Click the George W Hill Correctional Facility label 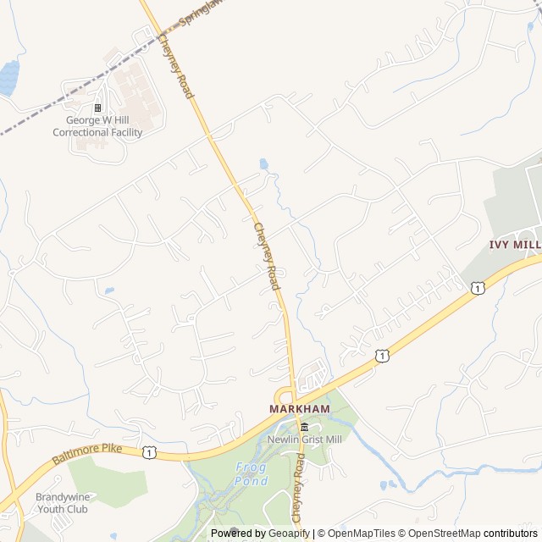pyautogui.click(x=97, y=127)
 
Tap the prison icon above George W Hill pyautogui.click(x=97, y=108)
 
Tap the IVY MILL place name pyautogui.click(x=514, y=244)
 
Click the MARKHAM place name pyautogui.click(x=299, y=409)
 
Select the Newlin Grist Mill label pyautogui.click(x=304, y=440)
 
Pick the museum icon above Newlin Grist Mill pyautogui.click(x=304, y=427)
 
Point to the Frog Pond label pyautogui.click(x=252, y=474)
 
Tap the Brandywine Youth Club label pyautogui.click(x=62, y=503)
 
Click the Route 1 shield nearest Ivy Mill pyautogui.click(x=478, y=289)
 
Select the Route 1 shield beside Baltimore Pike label pyautogui.click(x=149, y=452)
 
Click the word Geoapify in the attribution pyautogui.click(x=288, y=534)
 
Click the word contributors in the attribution pyautogui.click(x=511, y=534)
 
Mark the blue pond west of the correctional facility pyautogui.click(x=8, y=78)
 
